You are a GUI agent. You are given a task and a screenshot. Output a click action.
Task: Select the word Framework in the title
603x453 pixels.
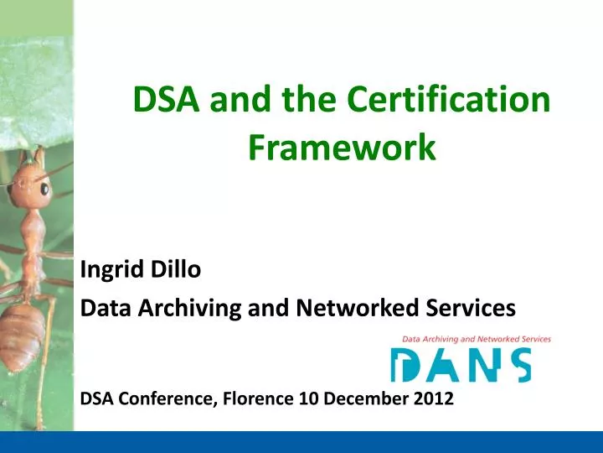(342, 148)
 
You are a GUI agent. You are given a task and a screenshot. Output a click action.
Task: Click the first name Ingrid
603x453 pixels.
(110, 270)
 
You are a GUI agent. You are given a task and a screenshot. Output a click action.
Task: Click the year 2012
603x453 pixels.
(434, 399)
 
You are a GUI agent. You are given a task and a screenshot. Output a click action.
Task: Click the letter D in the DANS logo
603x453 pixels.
(405, 366)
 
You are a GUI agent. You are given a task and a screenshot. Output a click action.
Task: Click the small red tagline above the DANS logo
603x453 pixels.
(476, 339)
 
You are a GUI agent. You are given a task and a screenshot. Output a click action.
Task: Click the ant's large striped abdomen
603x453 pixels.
(22, 331)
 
